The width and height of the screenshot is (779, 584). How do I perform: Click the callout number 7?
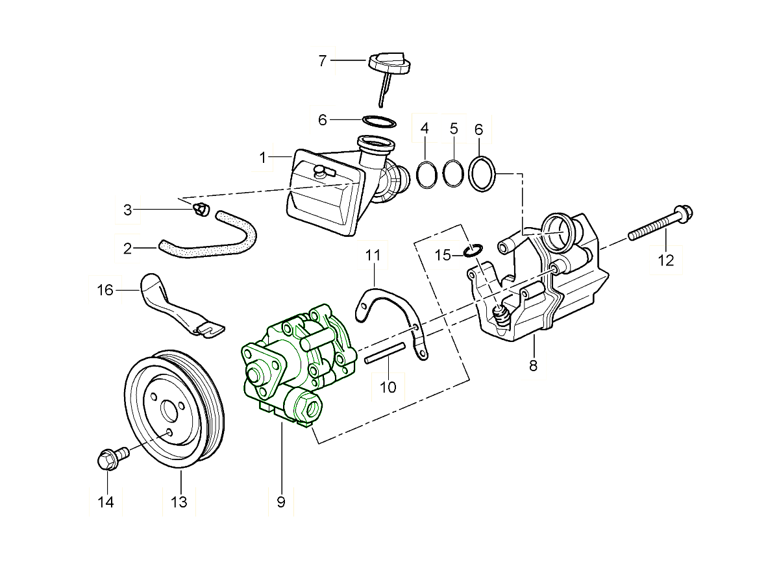pos(322,61)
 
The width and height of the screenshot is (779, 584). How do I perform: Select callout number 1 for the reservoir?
pos(263,158)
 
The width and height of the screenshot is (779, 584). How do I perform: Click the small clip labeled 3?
pos(202,209)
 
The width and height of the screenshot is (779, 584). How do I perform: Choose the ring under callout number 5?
pos(454,173)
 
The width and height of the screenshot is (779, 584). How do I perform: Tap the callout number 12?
pos(666,261)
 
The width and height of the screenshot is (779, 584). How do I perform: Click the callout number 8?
pos(533,365)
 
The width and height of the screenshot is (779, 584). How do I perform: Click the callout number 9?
pos(281,502)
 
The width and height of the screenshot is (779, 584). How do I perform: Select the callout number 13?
pos(179,502)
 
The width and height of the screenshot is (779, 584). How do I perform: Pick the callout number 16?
pos(105,290)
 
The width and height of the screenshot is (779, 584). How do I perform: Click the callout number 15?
pos(443,255)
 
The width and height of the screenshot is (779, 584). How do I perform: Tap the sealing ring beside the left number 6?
pos(379,121)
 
